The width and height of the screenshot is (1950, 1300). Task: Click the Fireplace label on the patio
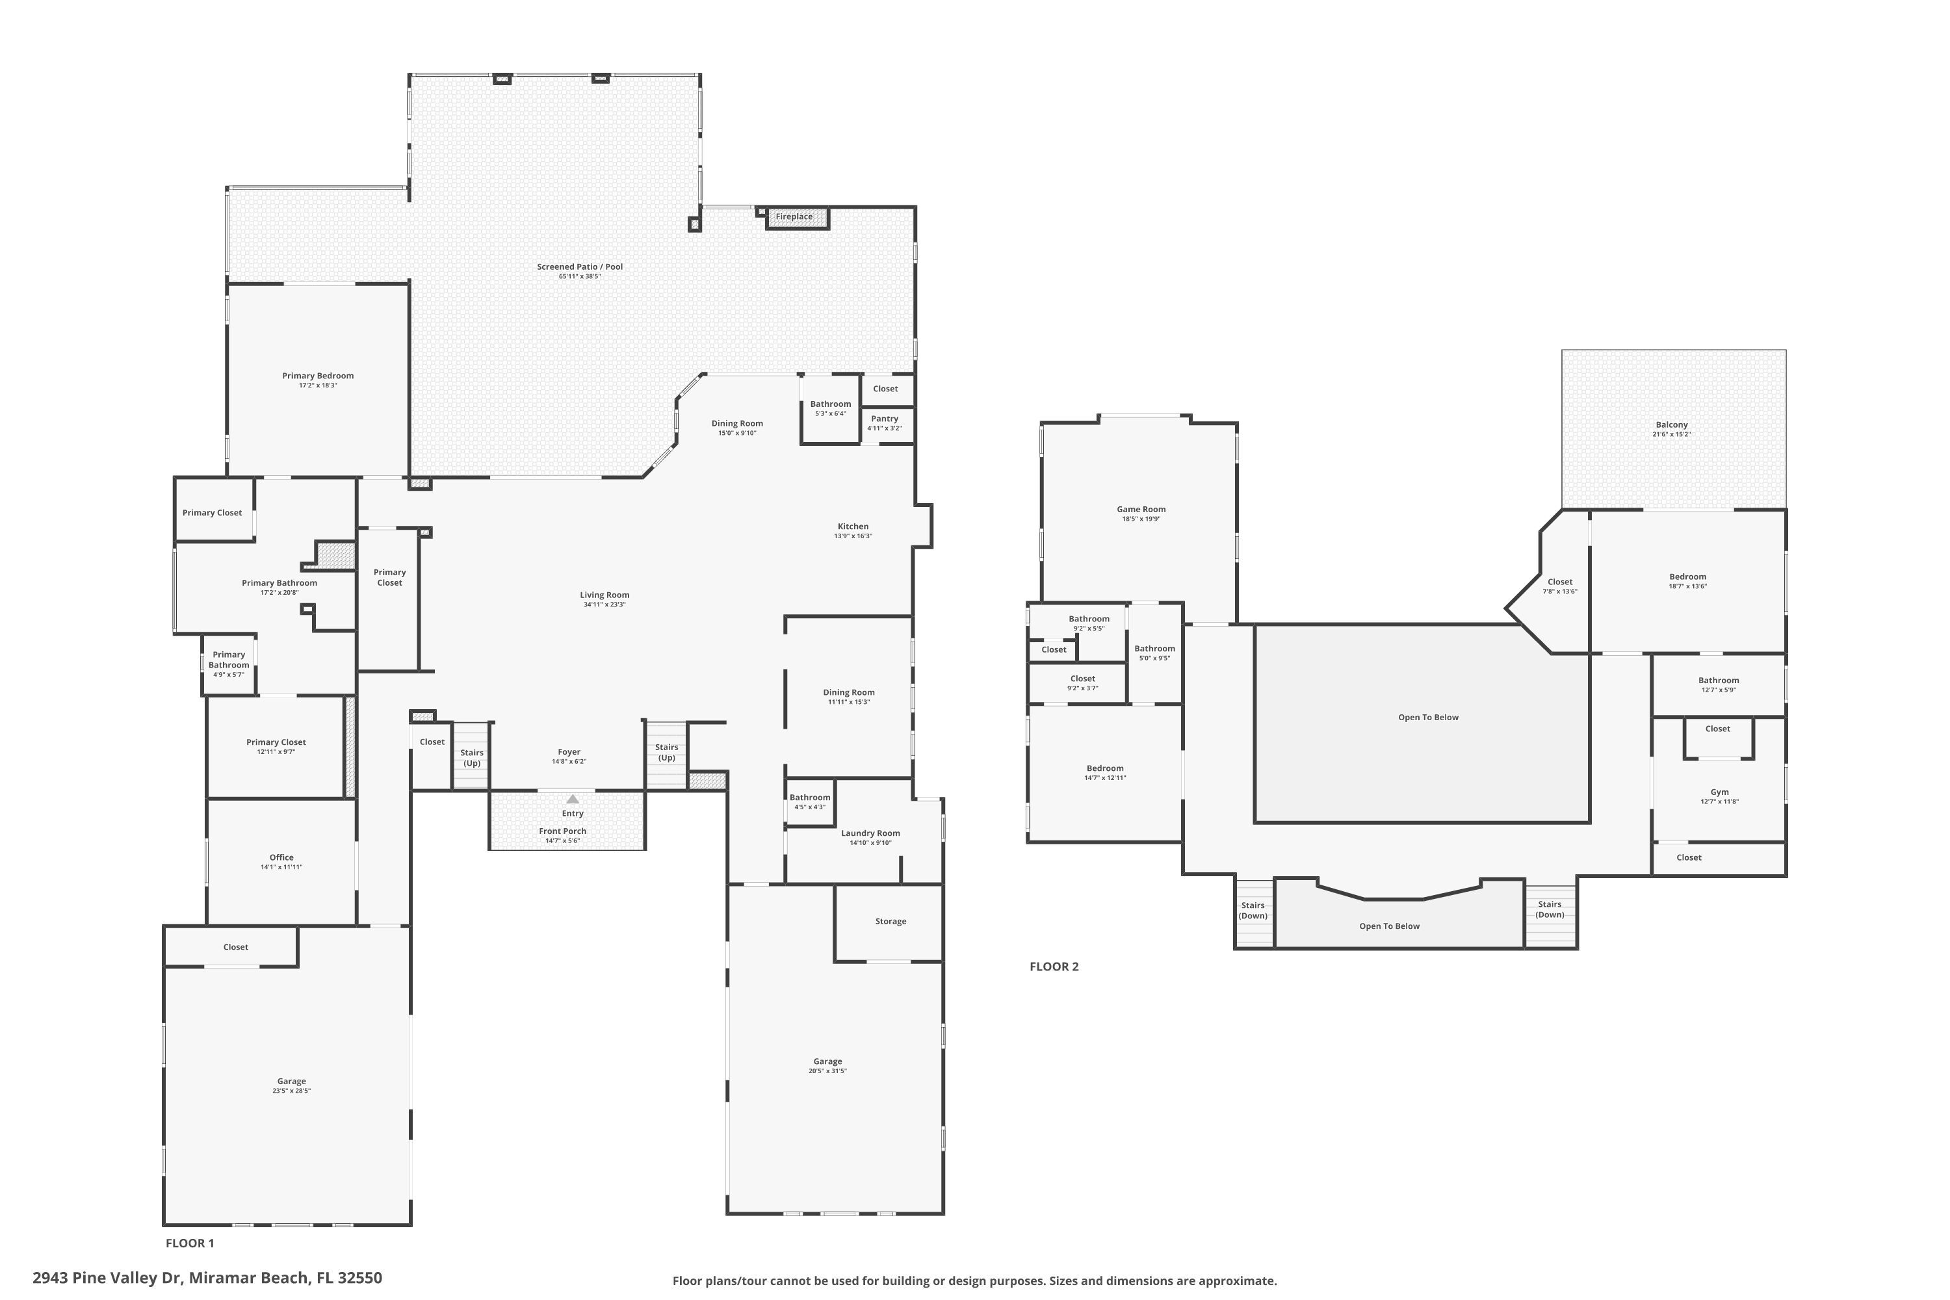point(794,217)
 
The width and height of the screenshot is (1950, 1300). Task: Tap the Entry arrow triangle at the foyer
point(572,799)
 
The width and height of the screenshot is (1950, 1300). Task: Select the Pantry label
point(885,419)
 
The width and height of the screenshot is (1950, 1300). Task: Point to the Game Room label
point(1141,509)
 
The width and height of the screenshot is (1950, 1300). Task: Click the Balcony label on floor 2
point(1671,424)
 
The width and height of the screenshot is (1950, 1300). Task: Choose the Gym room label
point(1719,792)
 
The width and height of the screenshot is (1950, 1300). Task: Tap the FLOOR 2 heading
point(1054,966)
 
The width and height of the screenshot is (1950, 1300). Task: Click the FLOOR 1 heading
point(190,1243)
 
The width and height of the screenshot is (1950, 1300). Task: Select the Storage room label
point(890,921)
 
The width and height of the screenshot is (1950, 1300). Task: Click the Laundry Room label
point(870,833)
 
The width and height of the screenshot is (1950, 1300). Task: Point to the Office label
point(281,857)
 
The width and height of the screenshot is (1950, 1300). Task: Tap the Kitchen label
point(852,526)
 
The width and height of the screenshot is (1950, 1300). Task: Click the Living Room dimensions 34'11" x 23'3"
point(604,604)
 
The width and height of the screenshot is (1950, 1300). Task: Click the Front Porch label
point(562,831)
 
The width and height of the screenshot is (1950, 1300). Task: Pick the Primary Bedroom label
point(318,376)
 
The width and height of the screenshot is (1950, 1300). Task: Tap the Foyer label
point(569,752)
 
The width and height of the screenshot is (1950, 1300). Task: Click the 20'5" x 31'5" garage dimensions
point(827,1071)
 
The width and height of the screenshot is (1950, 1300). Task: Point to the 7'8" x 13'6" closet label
point(1559,591)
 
